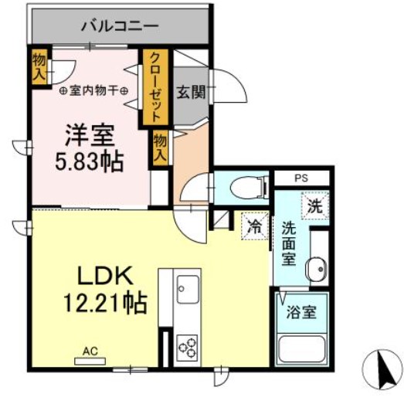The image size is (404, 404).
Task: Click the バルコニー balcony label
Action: [x=120, y=25]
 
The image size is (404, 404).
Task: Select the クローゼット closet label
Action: [x=155, y=87]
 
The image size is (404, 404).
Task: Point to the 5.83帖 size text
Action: [x=90, y=163]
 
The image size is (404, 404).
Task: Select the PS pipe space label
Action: [x=300, y=178]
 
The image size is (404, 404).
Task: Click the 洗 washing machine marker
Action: [x=314, y=207]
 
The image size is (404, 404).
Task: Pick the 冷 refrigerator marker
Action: [x=253, y=227]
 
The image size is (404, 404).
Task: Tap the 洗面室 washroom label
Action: [x=288, y=243]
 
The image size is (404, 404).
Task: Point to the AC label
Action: [x=90, y=351]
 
